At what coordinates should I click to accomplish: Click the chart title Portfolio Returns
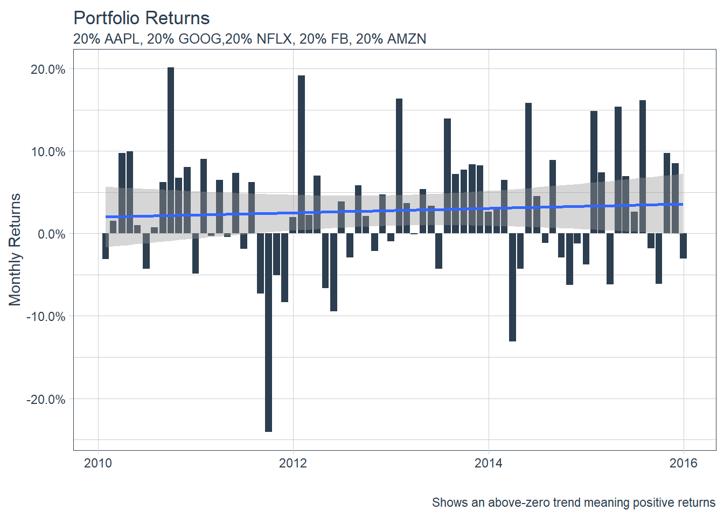(x=141, y=18)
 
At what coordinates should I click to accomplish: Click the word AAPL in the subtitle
(x=122, y=39)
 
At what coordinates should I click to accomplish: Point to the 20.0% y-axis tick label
(x=48, y=69)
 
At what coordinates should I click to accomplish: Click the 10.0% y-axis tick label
(x=48, y=152)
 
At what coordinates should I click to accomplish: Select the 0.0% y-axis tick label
(x=52, y=234)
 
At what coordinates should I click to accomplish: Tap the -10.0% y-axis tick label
(x=46, y=317)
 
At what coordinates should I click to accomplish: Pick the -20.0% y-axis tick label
(x=46, y=400)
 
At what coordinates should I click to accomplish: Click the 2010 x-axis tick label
(x=98, y=463)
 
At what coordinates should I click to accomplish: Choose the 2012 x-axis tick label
(x=293, y=463)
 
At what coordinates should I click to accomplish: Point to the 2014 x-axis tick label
(x=489, y=463)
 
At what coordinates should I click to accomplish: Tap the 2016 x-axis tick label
(x=684, y=463)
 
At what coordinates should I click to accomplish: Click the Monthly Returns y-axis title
(x=15, y=249)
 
